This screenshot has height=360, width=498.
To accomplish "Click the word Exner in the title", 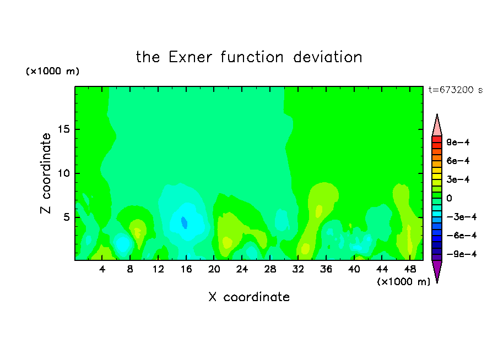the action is click(190, 57).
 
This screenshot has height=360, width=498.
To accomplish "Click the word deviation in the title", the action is click(327, 57).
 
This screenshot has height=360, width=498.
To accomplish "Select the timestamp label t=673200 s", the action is click(456, 90).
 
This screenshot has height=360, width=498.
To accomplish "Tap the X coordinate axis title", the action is click(249, 297).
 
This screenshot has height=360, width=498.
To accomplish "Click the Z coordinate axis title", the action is click(46, 173).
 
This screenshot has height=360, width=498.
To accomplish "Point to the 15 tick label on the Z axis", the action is click(64, 129).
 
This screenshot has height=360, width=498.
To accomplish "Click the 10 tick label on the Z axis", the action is click(64, 173).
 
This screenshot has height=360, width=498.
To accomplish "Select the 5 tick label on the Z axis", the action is click(67, 217).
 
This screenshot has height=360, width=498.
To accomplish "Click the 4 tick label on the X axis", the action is click(102, 270).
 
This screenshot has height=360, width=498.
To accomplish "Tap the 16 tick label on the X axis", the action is click(186, 270).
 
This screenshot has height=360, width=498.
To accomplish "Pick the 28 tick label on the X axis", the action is click(270, 270).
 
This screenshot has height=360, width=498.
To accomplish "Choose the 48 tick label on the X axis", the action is click(410, 270).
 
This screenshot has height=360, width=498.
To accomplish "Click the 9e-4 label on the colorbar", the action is click(458, 142).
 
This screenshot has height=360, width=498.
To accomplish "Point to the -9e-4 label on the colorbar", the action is click(462, 254).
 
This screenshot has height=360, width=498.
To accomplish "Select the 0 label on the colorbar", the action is click(449, 198).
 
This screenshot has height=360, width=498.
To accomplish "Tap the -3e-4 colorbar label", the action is click(462, 217).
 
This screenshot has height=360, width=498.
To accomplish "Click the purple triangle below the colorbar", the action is click(437, 270).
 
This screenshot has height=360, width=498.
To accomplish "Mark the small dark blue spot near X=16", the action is click(184, 222).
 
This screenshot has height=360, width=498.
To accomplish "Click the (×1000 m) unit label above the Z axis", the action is click(53, 71).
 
